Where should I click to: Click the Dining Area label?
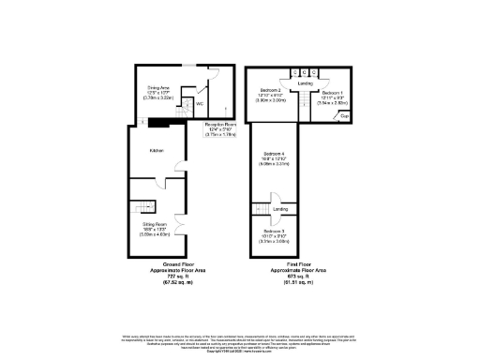click(x=157, y=86)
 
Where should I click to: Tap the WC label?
click(x=200, y=104)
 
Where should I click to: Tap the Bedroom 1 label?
click(x=332, y=94)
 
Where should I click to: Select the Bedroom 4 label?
click(x=275, y=153)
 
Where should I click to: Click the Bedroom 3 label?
click(x=274, y=231)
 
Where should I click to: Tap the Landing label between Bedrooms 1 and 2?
click(x=305, y=84)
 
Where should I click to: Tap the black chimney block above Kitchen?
click(x=161, y=120)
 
